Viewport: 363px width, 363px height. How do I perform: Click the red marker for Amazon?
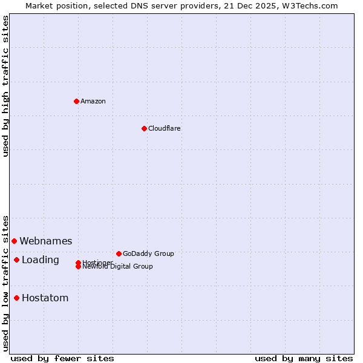76,101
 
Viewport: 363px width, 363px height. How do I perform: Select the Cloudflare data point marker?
144,128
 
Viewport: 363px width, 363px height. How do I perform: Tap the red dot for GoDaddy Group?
119,253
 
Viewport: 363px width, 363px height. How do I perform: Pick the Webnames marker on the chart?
14,241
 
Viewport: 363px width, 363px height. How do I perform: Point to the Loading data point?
16,260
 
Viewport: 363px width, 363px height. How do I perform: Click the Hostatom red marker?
16,298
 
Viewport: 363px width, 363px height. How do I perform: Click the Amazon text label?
93,101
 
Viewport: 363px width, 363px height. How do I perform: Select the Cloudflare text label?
164,128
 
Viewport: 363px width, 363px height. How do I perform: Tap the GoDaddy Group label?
148,253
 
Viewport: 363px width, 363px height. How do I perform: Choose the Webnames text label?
45,241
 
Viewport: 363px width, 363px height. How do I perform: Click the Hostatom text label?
45,298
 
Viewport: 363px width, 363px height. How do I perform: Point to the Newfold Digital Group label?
118,267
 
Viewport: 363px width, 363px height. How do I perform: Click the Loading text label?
40,260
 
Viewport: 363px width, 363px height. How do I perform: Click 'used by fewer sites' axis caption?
62,358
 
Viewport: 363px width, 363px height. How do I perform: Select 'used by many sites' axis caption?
304,358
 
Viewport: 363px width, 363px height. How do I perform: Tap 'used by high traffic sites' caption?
5,86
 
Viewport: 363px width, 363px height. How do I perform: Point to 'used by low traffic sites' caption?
5,283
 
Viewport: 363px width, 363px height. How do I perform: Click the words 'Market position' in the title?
53,5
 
